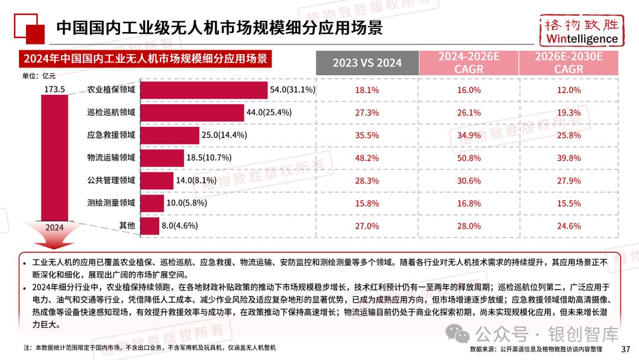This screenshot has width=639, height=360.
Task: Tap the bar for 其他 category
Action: click(x=151, y=226)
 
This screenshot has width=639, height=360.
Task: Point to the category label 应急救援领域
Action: click(x=111, y=135)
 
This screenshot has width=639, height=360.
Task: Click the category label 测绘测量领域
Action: click(x=111, y=203)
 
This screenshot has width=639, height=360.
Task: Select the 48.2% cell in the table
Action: click(x=367, y=158)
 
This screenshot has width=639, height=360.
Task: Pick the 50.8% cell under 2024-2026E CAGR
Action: click(x=469, y=158)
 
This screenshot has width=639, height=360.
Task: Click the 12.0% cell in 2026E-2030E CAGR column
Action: click(x=569, y=90)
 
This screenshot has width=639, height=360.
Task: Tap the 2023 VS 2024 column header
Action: click(x=367, y=63)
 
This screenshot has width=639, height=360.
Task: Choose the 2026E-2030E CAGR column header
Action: click(x=569, y=63)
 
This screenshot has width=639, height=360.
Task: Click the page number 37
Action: click(x=626, y=349)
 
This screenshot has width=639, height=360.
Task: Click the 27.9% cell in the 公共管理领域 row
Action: click(x=569, y=181)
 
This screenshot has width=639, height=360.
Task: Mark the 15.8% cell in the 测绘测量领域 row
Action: click(x=367, y=203)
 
